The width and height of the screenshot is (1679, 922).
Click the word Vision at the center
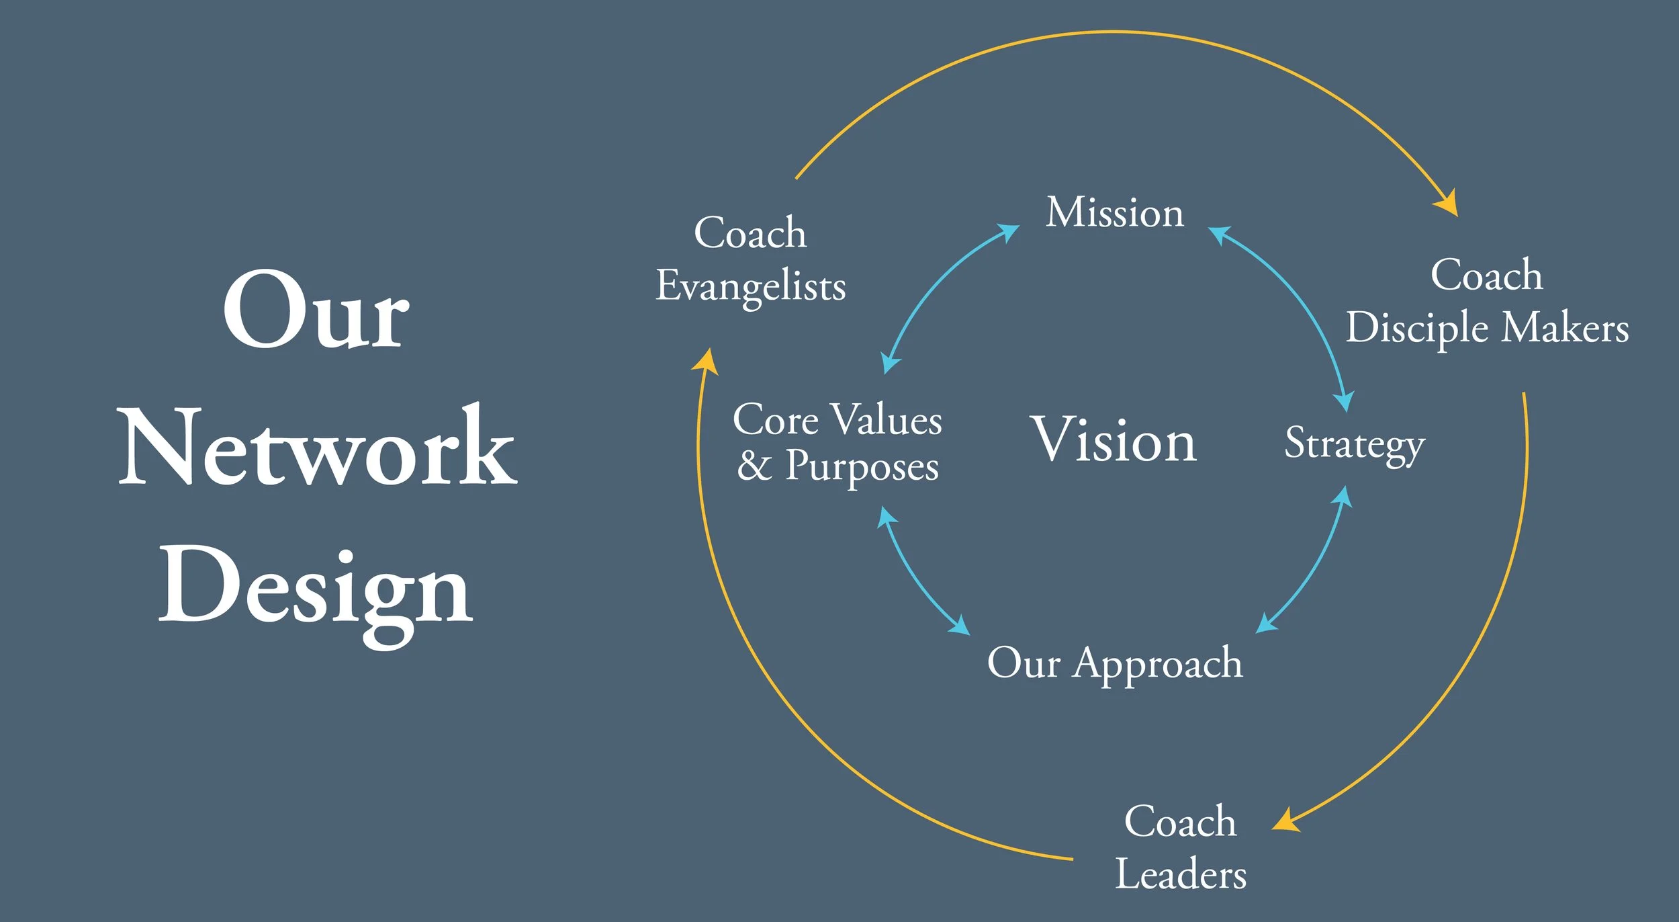1114,441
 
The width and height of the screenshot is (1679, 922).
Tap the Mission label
1115,213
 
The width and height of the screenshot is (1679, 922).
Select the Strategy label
1355,444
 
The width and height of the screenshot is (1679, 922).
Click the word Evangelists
751,286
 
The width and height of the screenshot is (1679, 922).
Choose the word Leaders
1181,875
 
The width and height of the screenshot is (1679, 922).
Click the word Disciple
1417,329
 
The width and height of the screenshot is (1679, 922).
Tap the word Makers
1565,327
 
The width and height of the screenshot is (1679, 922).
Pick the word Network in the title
317,447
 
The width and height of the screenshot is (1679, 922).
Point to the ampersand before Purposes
754,466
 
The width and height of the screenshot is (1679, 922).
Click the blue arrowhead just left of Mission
1009,232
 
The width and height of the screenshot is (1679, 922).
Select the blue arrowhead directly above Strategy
1344,401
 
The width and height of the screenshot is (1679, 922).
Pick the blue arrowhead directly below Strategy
1343,496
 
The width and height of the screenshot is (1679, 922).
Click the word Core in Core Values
776,421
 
